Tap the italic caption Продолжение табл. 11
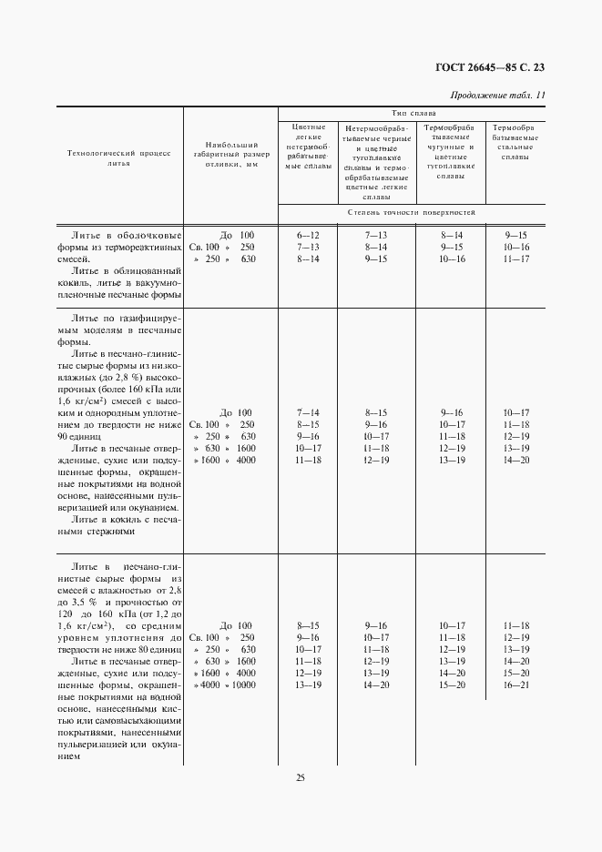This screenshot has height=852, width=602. point(498,96)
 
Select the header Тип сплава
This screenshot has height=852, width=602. point(413,112)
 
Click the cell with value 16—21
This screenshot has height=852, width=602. point(515,685)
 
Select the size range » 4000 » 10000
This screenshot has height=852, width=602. point(222,685)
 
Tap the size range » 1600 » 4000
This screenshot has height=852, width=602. point(222,460)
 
